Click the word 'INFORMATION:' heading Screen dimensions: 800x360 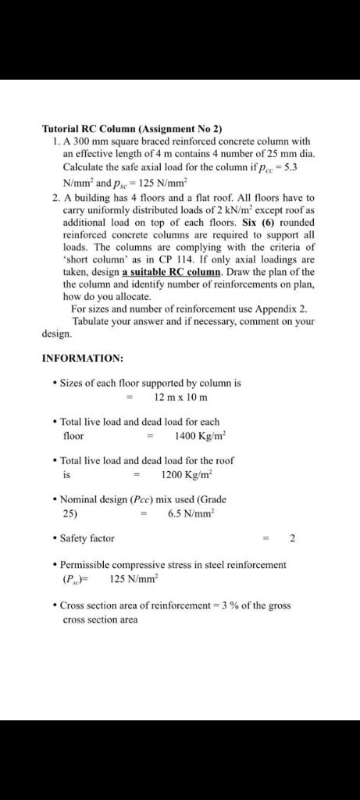[x=82, y=358]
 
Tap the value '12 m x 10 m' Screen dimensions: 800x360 [x=180, y=397]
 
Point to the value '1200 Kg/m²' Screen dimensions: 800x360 [x=187, y=474]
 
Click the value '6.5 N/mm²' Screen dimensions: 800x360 [x=191, y=513]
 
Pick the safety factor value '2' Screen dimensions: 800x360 [x=293, y=538]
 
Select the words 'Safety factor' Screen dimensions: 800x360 [x=87, y=538]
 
